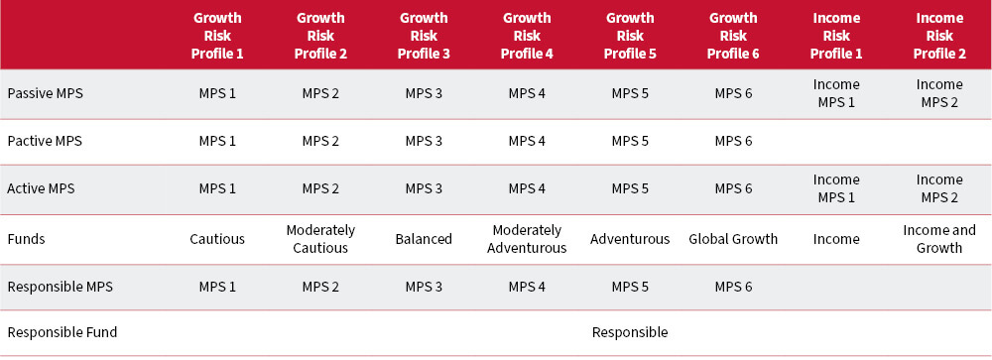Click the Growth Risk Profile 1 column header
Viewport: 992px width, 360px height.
point(217,35)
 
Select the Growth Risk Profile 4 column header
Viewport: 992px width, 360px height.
point(527,35)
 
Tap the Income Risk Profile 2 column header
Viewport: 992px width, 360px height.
point(939,35)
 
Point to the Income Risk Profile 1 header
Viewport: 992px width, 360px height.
point(836,35)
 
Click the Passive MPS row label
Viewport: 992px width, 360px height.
point(45,93)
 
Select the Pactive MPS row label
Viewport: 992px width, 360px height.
point(45,141)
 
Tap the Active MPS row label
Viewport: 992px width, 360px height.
point(41,188)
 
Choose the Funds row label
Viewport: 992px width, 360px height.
point(26,239)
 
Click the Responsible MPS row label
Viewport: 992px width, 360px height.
point(60,287)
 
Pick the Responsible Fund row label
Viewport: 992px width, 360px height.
point(62,332)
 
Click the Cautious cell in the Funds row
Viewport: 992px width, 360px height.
point(217,239)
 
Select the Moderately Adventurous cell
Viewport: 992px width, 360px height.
point(527,239)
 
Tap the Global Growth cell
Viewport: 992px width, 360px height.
point(733,239)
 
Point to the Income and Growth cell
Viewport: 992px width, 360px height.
point(939,239)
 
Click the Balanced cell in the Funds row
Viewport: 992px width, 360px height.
point(424,239)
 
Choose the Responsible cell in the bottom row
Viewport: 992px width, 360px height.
point(630,332)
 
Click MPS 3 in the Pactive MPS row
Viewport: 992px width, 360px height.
point(424,141)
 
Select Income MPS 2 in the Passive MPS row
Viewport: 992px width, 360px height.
point(939,93)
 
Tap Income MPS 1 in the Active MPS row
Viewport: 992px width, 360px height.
point(836,188)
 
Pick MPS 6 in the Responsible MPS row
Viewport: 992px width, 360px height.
point(733,287)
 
